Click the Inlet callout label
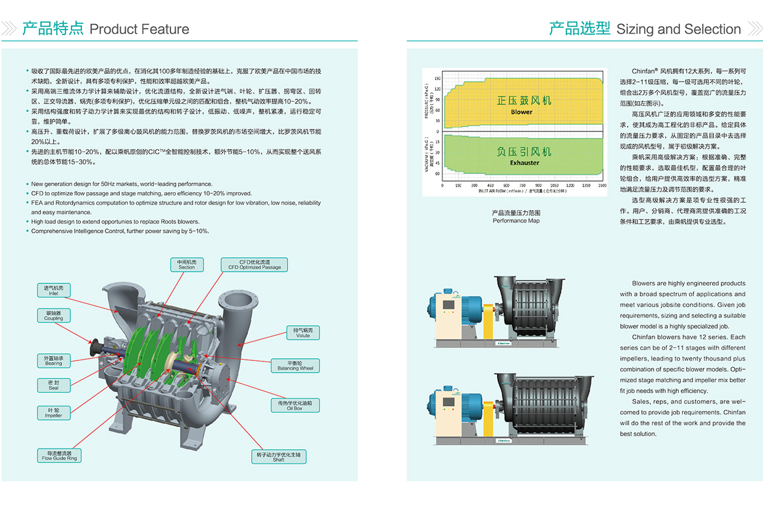(54, 291)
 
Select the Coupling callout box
(54, 316)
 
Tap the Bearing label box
(54, 361)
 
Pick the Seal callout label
(54, 385)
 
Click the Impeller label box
(54, 413)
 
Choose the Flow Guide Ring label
(59, 456)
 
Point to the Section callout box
(187, 265)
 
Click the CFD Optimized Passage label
(254, 265)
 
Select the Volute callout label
(303, 333)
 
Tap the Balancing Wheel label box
(295, 366)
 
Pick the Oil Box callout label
(295, 406)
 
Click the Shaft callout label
(279, 457)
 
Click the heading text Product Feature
(139, 29)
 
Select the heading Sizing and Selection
(678, 29)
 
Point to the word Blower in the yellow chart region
(522, 112)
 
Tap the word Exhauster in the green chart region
(524, 163)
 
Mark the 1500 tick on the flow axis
(602, 185)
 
